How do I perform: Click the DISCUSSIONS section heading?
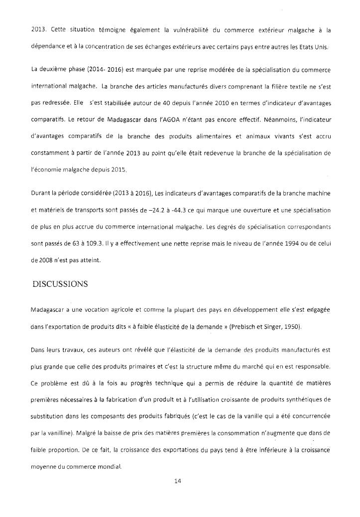point(60,284)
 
